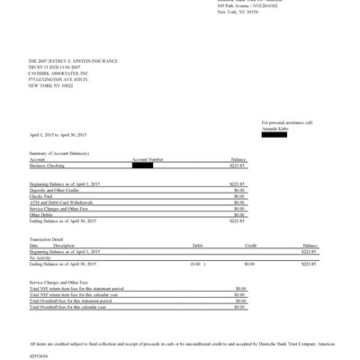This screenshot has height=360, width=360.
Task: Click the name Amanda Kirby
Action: click(275, 127)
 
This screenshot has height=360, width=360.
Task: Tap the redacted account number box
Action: click(143, 166)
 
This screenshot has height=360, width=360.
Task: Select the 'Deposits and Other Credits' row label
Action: click(55, 189)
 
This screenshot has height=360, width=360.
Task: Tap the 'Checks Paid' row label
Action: click(41, 195)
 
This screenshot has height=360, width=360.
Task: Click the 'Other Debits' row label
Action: click(41, 214)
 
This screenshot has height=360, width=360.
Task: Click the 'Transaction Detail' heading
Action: click(49, 238)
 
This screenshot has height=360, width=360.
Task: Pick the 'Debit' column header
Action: click(197, 244)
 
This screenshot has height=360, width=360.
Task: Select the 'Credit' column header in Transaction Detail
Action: click(251, 244)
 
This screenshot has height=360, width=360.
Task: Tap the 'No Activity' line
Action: click(40, 256)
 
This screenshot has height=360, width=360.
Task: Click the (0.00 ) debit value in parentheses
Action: click(196, 263)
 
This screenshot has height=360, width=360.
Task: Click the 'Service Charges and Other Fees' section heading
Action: click(58, 282)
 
